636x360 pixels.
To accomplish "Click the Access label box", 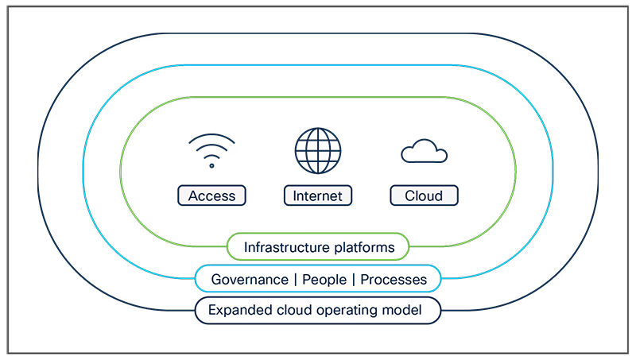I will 211,195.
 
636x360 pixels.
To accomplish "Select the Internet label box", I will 318,195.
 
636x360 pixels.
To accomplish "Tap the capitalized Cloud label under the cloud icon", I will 424,195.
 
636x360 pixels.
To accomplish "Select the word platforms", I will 364,248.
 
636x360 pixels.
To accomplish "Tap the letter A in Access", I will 192,195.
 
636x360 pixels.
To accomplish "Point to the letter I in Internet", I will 293,195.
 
